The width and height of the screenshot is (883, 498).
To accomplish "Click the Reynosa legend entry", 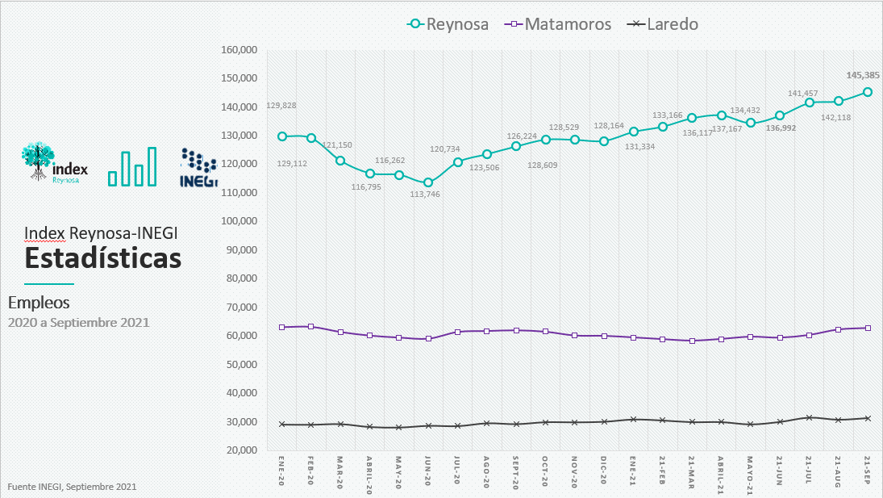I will coord(448,24).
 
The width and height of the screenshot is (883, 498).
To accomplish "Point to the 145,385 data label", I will coord(862,75).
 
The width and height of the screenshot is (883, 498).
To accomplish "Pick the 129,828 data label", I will coord(280,106).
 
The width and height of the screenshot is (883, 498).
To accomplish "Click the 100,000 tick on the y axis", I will coord(239,221).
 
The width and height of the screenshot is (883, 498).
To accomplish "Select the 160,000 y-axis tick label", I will coord(239,50).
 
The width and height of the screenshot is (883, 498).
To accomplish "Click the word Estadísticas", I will coord(102,259).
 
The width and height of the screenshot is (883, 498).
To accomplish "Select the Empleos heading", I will coord(39,303).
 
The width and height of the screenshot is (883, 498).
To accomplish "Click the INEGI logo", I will coord(198,168).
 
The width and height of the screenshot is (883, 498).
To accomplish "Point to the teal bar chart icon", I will coord(132,167).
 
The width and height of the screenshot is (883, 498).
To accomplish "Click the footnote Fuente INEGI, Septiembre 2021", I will coord(72,487).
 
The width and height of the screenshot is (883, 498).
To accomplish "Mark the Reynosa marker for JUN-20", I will coord(428,182).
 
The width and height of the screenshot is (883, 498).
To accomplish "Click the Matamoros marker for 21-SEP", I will coord(868,328).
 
